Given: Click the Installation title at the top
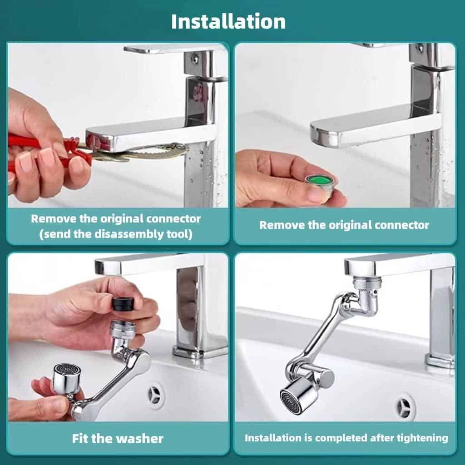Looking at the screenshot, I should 228,22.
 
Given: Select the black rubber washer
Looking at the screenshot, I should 124,303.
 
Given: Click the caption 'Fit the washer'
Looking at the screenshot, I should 118,439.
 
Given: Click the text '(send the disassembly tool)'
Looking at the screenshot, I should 115,234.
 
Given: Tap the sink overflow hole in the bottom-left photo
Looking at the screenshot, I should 156,395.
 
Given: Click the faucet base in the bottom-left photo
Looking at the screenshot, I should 200,351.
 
